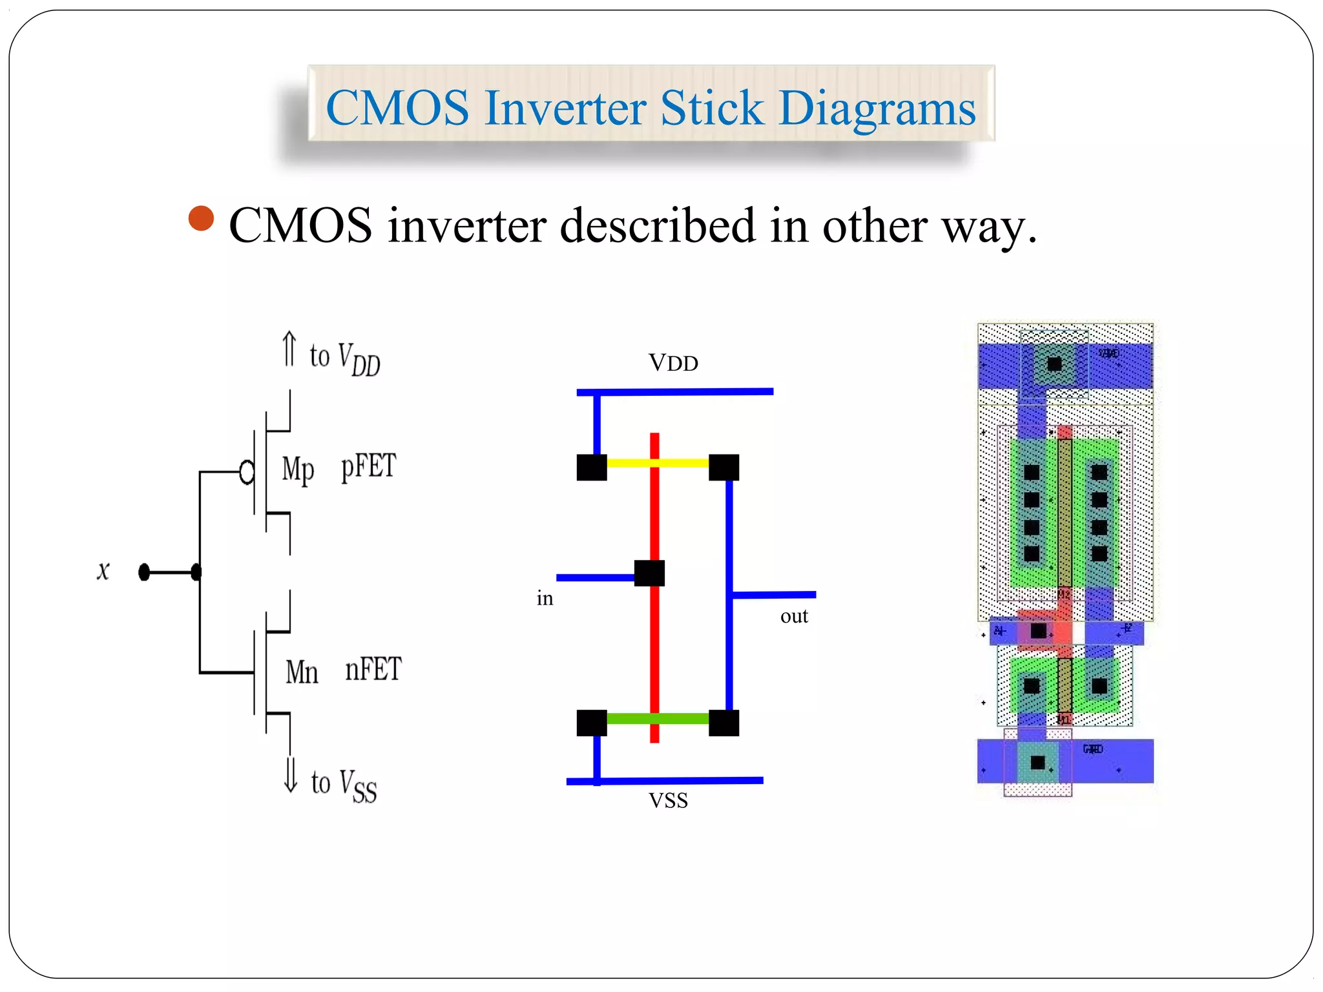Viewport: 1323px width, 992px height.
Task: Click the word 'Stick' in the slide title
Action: (711, 108)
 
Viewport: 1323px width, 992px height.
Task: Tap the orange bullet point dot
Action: (201, 219)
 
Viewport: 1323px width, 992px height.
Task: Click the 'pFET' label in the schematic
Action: (368, 466)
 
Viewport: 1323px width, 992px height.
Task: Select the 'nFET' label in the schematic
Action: (373, 669)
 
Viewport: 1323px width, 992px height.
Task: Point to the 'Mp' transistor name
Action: (298, 469)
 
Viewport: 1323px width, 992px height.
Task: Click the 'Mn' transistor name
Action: (302, 672)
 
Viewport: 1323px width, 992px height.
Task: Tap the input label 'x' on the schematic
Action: (103, 571)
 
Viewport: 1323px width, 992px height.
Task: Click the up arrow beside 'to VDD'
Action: (289, 349)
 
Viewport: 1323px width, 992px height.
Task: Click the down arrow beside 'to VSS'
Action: (291, 774)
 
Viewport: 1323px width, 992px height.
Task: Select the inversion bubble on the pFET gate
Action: (247, 472)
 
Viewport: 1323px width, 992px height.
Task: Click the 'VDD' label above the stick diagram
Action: (673, 363)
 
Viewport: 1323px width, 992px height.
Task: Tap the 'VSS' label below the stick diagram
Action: (668, 801)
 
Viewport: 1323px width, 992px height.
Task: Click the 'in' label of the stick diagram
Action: (545, 599)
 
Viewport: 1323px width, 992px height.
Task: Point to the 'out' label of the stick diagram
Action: (794, 616)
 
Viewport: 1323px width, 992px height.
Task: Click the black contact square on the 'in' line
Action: (649, 573)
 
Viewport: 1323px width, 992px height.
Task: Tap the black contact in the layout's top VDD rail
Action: (1054, 364)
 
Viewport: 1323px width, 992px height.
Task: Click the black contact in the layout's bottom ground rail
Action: (1037, 763)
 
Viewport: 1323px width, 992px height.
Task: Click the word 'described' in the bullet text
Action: (658, 226)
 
